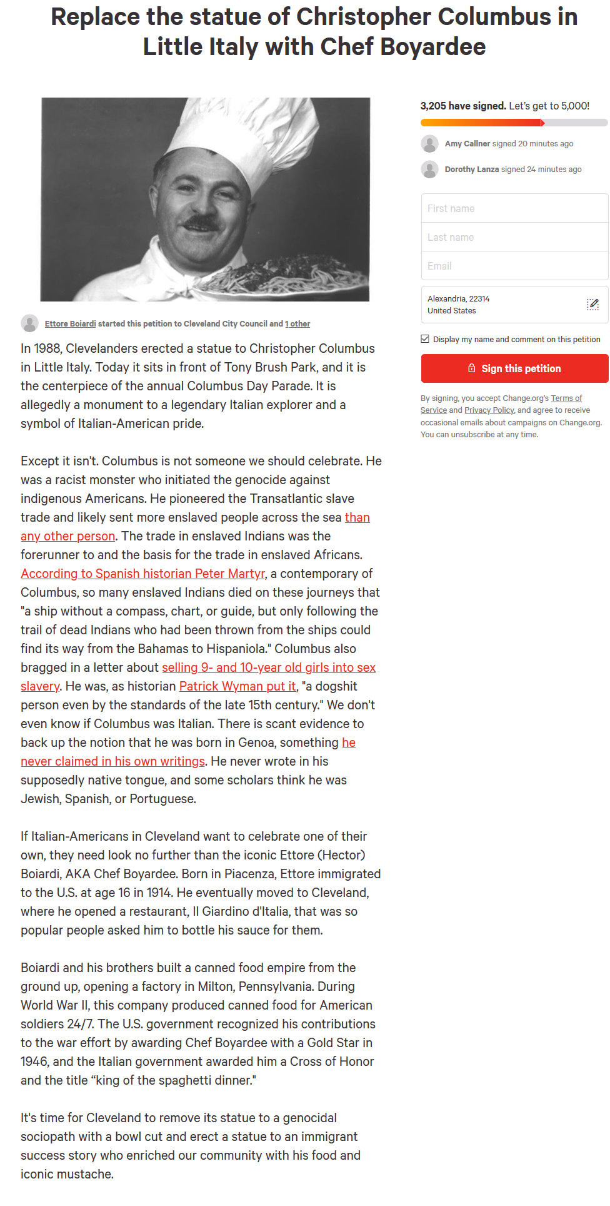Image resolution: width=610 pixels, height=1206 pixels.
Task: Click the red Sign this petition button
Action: (x=514, y=368)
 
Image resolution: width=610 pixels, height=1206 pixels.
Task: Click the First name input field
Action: (x=514, y=208)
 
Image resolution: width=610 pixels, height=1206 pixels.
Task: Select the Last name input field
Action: (x=514, y=237)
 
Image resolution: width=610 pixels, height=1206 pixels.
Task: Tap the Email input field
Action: (x=514, y=266)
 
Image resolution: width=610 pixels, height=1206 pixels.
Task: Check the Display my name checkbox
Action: (x=425, y=339)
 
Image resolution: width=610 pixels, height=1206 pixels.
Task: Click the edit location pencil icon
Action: (x=592, y=305)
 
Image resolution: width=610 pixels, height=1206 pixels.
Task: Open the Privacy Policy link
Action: (x=489, y=410)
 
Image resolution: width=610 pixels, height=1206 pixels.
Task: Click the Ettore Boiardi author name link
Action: (x=70, y=324)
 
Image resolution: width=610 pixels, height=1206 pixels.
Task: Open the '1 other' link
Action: (x=297, y=324)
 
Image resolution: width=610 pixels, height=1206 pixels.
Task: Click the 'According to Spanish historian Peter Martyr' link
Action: (x=143, y=574)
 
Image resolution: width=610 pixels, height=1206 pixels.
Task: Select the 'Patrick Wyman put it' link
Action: (x=237, y=686)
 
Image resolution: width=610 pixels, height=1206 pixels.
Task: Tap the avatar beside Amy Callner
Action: (x=429, y=144)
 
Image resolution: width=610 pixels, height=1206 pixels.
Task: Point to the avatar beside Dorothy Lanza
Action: (x=429, y=170)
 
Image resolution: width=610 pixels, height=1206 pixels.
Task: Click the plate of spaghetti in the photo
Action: (x=294, y=275)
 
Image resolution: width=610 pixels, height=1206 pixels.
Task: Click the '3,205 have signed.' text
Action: (x=463, y=106)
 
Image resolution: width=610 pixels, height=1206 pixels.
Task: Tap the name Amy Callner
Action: (x=467, y=144)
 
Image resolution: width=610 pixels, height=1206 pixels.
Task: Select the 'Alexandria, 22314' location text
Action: (x=458, y=299)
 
